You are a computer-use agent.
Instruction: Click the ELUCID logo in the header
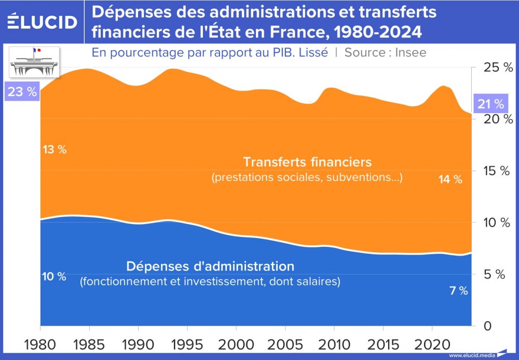coord(43,22)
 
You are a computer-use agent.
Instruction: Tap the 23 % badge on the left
coord(23,92)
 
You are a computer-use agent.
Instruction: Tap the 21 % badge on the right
coord(490,104)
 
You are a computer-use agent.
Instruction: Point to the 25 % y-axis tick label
coord(491,67)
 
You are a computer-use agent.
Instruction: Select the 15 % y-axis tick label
coord(491,171)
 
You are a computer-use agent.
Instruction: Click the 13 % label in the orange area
coord(54,150)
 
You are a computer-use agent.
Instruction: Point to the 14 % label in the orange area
coord(449,179)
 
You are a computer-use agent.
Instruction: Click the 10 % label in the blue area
coord(54,276)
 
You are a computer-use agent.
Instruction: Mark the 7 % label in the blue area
coord(458,291)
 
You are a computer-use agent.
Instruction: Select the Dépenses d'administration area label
coord(210,267)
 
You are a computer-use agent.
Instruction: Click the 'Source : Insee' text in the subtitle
coord(385,52)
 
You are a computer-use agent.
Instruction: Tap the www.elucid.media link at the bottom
coord(471,355)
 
